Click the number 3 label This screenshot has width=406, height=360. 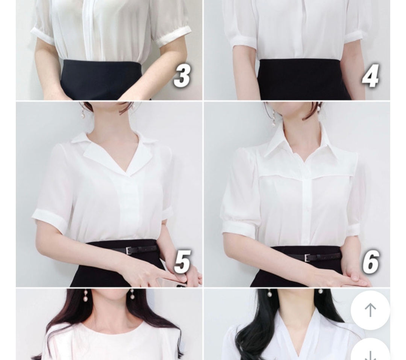pyautogui.click(x=183, y=76)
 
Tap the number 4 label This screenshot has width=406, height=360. pyautogui.click(x=371, y=76)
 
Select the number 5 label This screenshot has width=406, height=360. pyautogui.click(x=183, y=262)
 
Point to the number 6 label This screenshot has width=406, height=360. pyautogui.click(x=371, y=262)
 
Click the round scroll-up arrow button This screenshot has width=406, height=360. pyautogui.click(x=370, y=310)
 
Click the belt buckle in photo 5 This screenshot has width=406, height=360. pyautogui.click(x=129, y=251)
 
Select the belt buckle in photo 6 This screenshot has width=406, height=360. pyautogui.click(x=307, y=258)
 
